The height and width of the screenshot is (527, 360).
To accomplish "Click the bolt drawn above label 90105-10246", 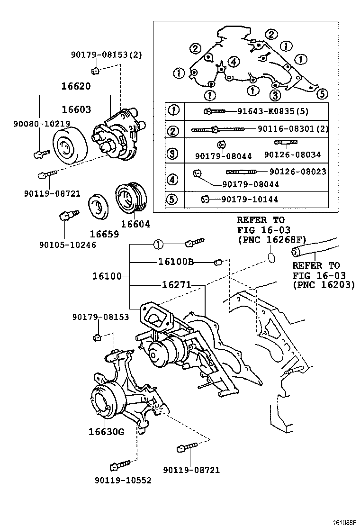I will [x=64, y=218].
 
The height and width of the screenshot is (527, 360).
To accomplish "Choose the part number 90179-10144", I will [x=250, y=199].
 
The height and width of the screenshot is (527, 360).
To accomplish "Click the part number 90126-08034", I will [x=292, y=155].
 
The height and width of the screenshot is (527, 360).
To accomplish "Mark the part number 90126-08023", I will [x=297, y=172].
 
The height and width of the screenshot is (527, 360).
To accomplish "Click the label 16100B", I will [x=176, y=261].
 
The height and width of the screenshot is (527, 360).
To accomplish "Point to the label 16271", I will [x=176, y=285].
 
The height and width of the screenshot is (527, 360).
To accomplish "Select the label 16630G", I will [x=106, y=431].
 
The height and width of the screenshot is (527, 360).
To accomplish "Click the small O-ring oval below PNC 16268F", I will [x=270, y=257].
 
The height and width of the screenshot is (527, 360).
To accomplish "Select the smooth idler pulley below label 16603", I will [x=69, y=145].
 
